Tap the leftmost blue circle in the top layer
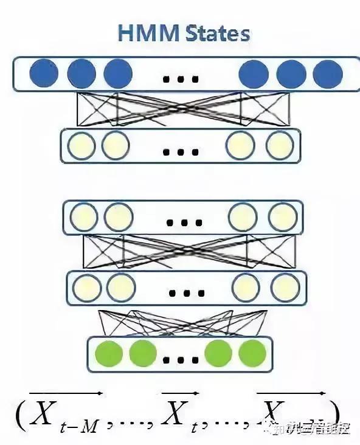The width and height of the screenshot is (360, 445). [x=43, y=74]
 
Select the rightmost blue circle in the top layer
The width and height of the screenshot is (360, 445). [x=328, y=74]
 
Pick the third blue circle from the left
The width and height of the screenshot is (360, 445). [x=118, y=74]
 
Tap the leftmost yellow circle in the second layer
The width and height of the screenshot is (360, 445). [x=81, y=145]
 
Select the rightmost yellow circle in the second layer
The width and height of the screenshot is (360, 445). [x=279, y=145]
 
